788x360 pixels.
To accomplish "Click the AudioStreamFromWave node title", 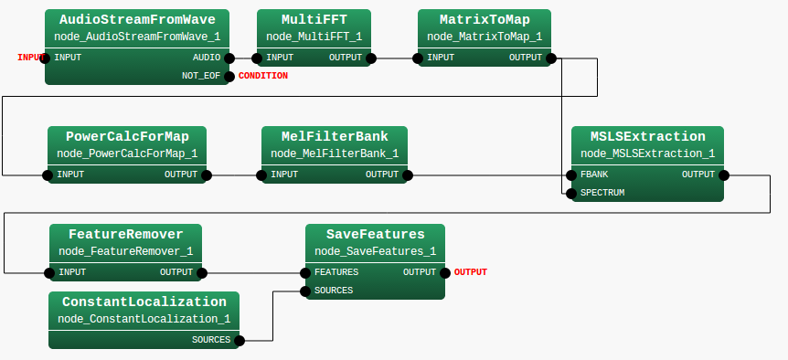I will point(137,19).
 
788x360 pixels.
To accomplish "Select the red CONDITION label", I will point(262,76).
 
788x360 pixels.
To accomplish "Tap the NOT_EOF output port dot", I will point(229,76).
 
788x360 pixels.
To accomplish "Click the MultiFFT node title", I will point(314,19).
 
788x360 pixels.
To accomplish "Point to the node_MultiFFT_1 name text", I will point(314,37).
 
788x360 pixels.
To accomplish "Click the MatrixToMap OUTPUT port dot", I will point(551,58).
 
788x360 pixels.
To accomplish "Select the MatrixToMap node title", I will point(485,19).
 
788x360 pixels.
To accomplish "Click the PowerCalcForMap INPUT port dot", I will point(48,175).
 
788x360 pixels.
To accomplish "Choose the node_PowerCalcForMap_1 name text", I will point(127,154).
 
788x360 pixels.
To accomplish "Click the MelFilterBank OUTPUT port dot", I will point(407,175).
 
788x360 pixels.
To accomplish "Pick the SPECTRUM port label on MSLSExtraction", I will point(602,193).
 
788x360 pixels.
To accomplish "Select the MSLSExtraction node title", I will point(647,136).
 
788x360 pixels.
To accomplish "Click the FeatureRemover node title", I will point(126,233).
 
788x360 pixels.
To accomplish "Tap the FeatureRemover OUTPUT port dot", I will point(201,272).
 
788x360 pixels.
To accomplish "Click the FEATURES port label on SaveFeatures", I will point(336,272).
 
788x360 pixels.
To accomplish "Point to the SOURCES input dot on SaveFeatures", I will point(304,291).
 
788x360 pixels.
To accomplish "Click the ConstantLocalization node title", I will point(144,302).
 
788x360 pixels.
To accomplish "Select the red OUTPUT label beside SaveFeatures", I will point(470,272).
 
